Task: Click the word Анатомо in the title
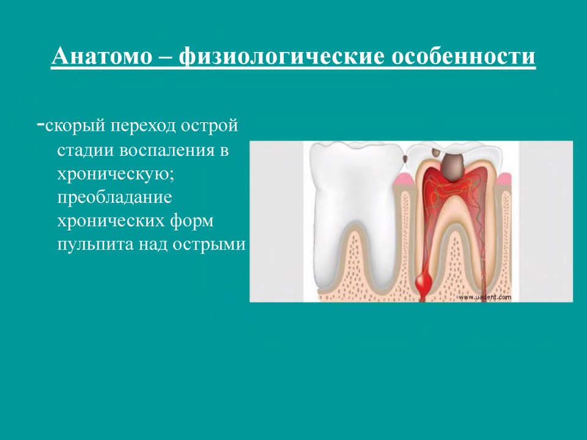(x=102, y=56)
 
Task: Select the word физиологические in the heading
(x=281, y=56)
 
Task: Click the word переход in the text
(x=143, y=127)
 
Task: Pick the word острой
(x=210, y=127)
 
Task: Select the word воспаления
(x=167, y=150)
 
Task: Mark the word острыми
(x=209, y=244)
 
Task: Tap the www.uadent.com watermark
(x=484, y=297)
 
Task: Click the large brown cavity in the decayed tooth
(x=452, y=167)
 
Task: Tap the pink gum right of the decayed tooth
(x=503, y=180)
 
